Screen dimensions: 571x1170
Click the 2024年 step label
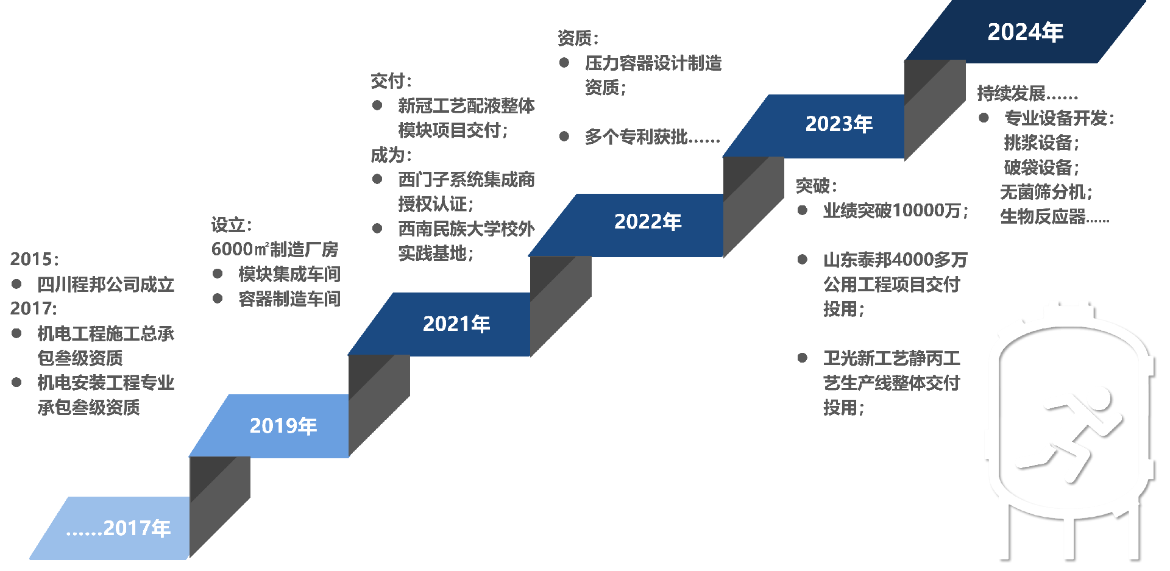click(x=1025, y=32)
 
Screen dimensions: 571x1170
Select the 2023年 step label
click(x=838, y=124)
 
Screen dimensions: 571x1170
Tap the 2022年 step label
click(x=647, y=222)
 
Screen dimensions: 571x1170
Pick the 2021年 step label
click(x=456, y=324)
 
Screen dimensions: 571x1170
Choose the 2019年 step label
click(x=283, y=426)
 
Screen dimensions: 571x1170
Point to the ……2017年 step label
click(x=118, y=528)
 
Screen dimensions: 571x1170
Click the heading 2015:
click(x=35, y=259)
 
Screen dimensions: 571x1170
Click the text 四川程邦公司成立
click(x=105, y=285)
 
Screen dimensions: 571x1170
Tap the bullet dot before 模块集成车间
click(x=218, y=274)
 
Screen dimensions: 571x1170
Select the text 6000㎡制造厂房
click(x=274, y=249)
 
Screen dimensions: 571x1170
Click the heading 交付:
click(x=391, y=80)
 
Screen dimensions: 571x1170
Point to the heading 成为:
click(x=391, y=155)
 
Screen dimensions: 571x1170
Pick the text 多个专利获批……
click(x=652, y=137)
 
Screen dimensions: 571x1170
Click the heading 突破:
click(x=816, y=186)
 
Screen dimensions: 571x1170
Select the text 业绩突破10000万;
click(x=895, y=211)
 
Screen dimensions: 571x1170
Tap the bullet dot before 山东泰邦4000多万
click(x=803, y=260)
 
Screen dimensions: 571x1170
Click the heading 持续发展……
click(x=1027, y=93)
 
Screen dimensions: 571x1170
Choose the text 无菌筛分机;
click(x=1046, y=192)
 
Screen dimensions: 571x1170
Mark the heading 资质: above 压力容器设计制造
click(x=578, y=38)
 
